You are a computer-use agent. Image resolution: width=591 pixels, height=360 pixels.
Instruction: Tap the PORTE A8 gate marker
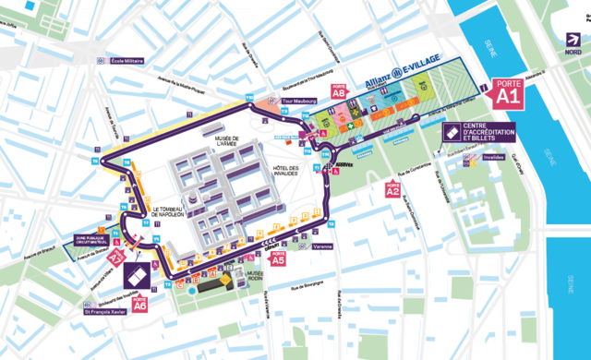click(339, 93)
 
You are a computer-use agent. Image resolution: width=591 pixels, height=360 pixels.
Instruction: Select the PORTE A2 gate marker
click(392, 190)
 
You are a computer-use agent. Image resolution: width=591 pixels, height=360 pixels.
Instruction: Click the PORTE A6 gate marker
click(140, 305)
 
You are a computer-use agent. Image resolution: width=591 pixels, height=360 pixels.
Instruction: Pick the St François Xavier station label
click(113, 326)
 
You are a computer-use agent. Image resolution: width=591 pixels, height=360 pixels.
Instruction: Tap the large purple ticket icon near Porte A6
click(136, 274)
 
